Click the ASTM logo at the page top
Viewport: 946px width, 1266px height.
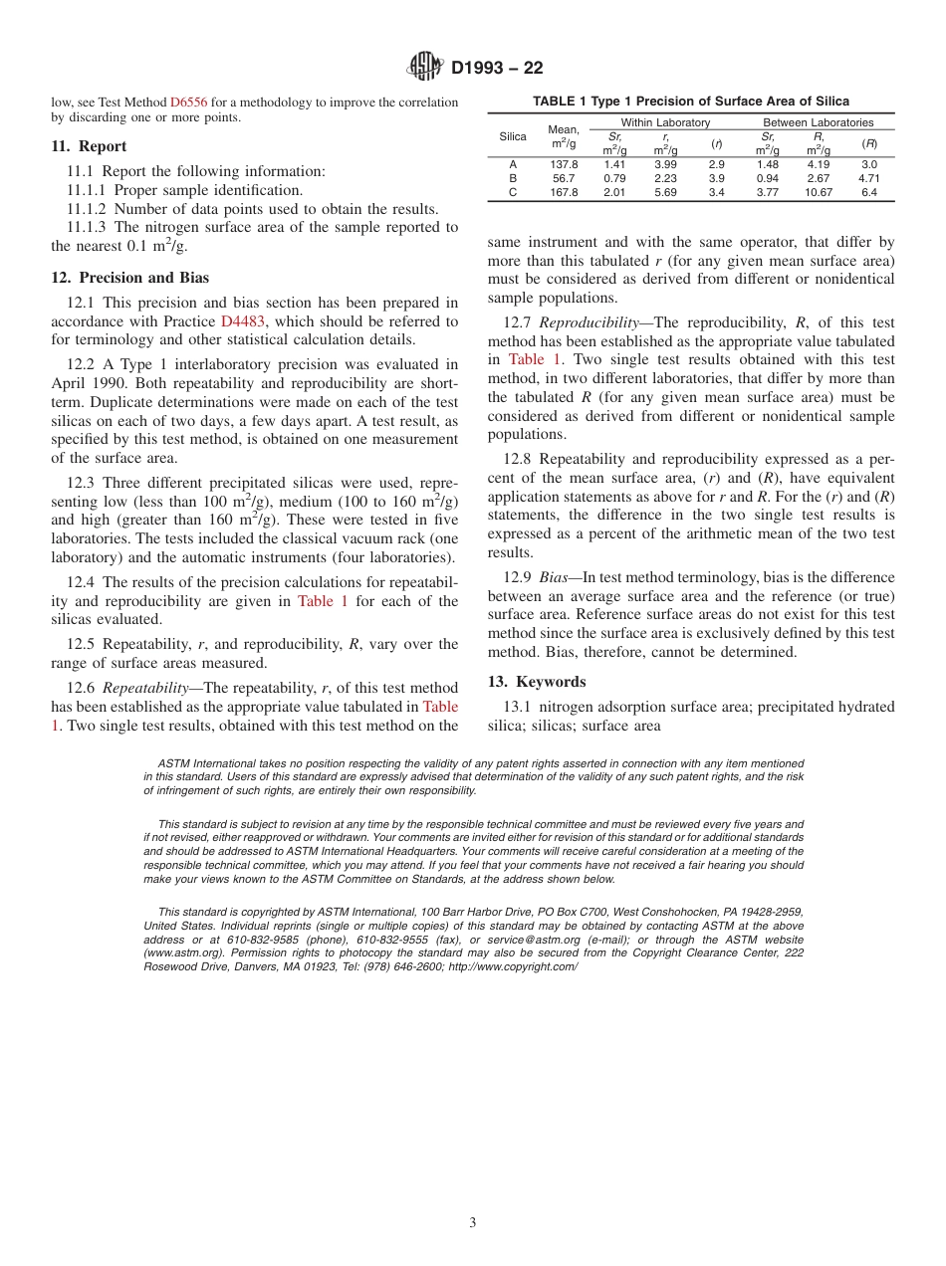point(425,68)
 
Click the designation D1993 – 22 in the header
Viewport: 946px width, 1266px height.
point(497,69)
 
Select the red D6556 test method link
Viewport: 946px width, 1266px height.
point(189,102)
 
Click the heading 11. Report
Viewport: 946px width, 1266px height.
point(89,146)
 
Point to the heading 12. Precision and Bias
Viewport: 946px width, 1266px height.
point(130,278)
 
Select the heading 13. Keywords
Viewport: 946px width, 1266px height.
point(537,682)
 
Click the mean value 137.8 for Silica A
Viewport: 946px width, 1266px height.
point(564,164)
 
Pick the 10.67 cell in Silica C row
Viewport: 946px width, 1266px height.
point(818,192)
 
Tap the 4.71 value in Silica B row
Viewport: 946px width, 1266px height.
point(868,178)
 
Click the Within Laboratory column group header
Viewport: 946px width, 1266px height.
point(665,122)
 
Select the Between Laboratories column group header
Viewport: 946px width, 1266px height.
point(818,122)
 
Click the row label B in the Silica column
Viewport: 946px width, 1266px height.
point(513,178)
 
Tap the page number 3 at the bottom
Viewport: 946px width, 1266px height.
point(473,1223)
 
